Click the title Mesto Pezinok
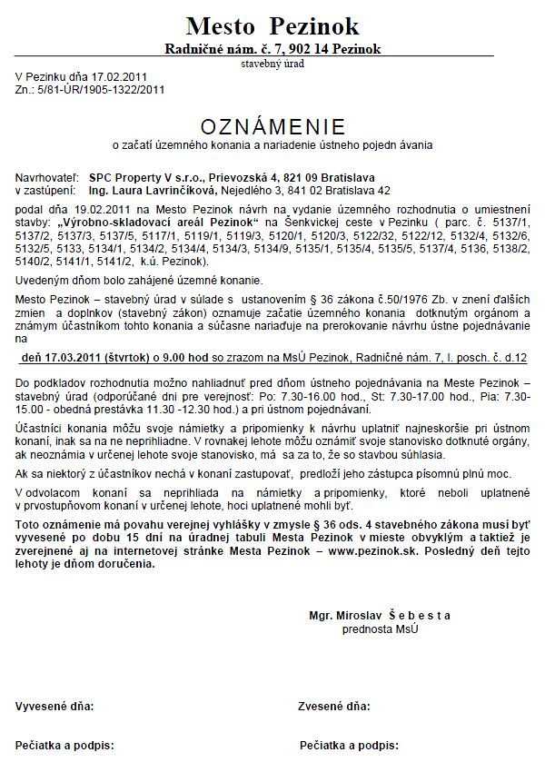tap(272, 25)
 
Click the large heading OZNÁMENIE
tap(272, 125)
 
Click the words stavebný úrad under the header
tap(272, 64)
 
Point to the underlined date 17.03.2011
tap(72, 359)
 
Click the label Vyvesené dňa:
tap(54, 706)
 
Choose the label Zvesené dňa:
tap(334, 706)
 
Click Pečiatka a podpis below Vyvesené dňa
tap(64, 746)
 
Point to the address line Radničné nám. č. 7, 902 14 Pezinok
tap(272, 48)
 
